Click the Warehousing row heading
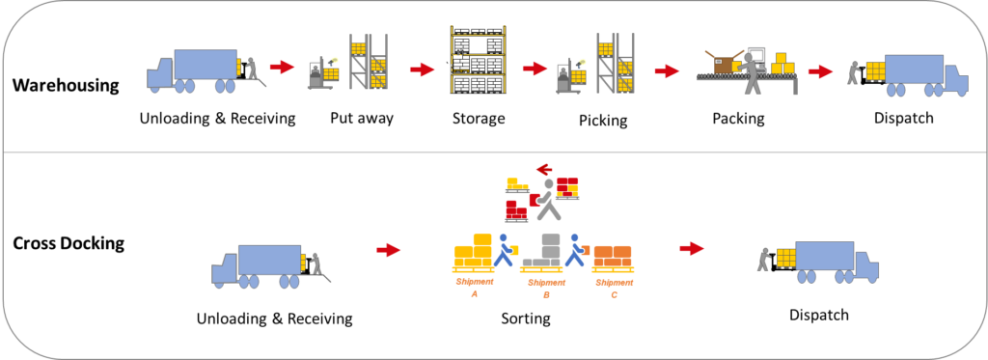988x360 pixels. [67, 85]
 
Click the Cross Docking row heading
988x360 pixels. [69, 242]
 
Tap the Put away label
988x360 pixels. [362, 118]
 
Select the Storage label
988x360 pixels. [479, 118]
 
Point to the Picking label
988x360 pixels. [603, 120]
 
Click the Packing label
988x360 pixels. [738, 118]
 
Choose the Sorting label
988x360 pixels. [526, 318]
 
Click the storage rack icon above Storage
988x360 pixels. [479, 61]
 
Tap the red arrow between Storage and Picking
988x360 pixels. [535, 69]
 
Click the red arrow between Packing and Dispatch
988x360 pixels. [820, 71]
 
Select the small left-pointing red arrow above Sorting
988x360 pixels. [545, 169]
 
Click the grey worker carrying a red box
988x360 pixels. [544, 199]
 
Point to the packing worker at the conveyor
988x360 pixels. [751, 72]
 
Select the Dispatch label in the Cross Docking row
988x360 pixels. [819, 315]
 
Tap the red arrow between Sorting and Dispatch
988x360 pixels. [691, 248]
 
